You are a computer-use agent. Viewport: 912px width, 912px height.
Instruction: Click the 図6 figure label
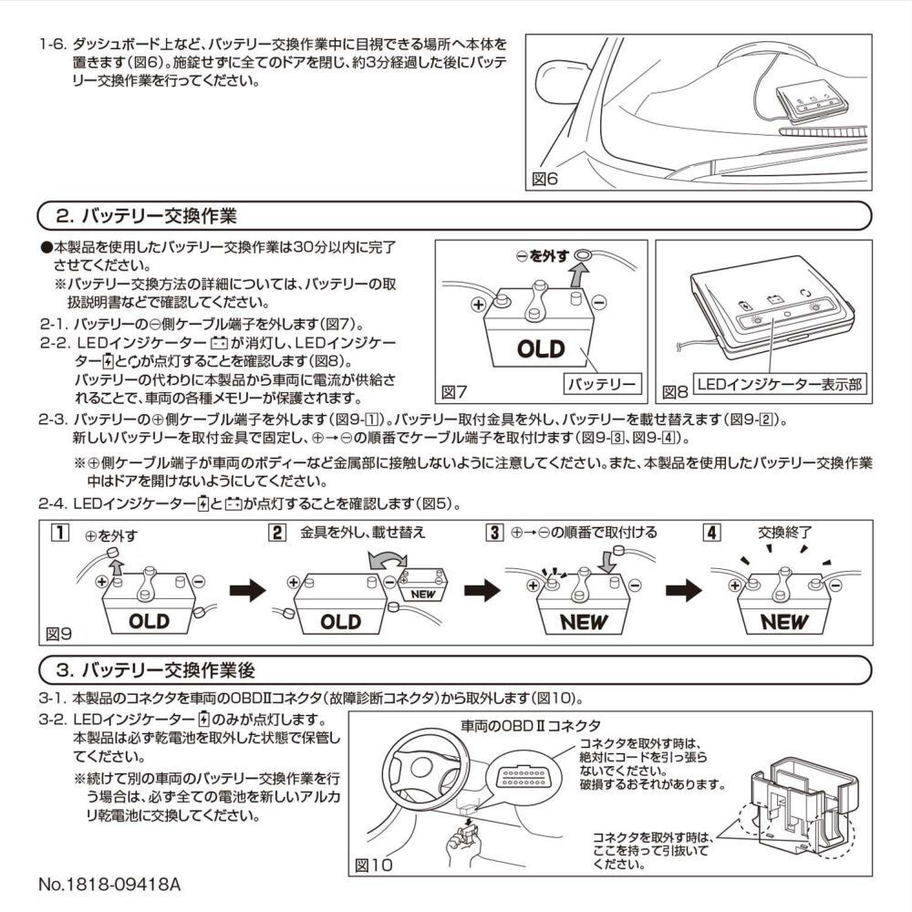point(545,179)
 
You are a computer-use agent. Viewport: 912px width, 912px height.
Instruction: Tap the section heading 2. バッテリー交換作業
point(146,217)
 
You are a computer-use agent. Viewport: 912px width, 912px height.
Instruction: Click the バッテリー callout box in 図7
point(602,384)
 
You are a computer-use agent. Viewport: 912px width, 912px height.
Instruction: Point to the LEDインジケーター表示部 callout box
point(778,385)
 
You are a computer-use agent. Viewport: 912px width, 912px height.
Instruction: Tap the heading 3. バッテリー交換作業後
point(156,669)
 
